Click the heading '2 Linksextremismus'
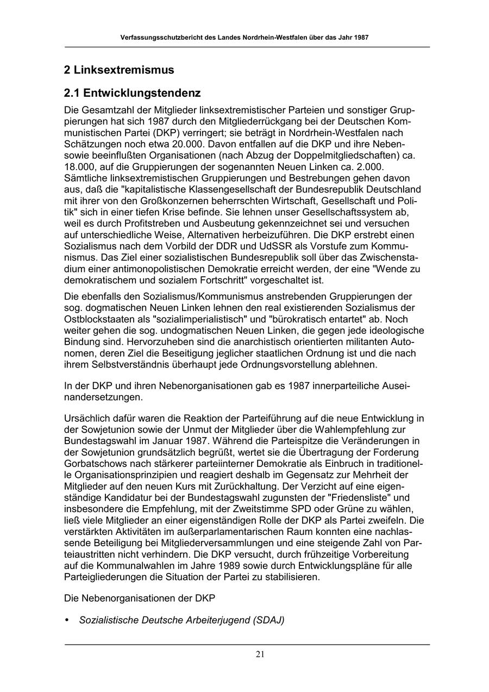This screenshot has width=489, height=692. coord(119,70)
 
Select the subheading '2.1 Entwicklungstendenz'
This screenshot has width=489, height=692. coord(133,93)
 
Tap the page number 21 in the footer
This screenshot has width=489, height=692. coord(260,654)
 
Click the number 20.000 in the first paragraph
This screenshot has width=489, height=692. coord(186,144)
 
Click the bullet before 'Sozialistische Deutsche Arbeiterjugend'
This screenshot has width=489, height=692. coord(67,620)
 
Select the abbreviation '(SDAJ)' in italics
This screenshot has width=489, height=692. coord(268,620)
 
